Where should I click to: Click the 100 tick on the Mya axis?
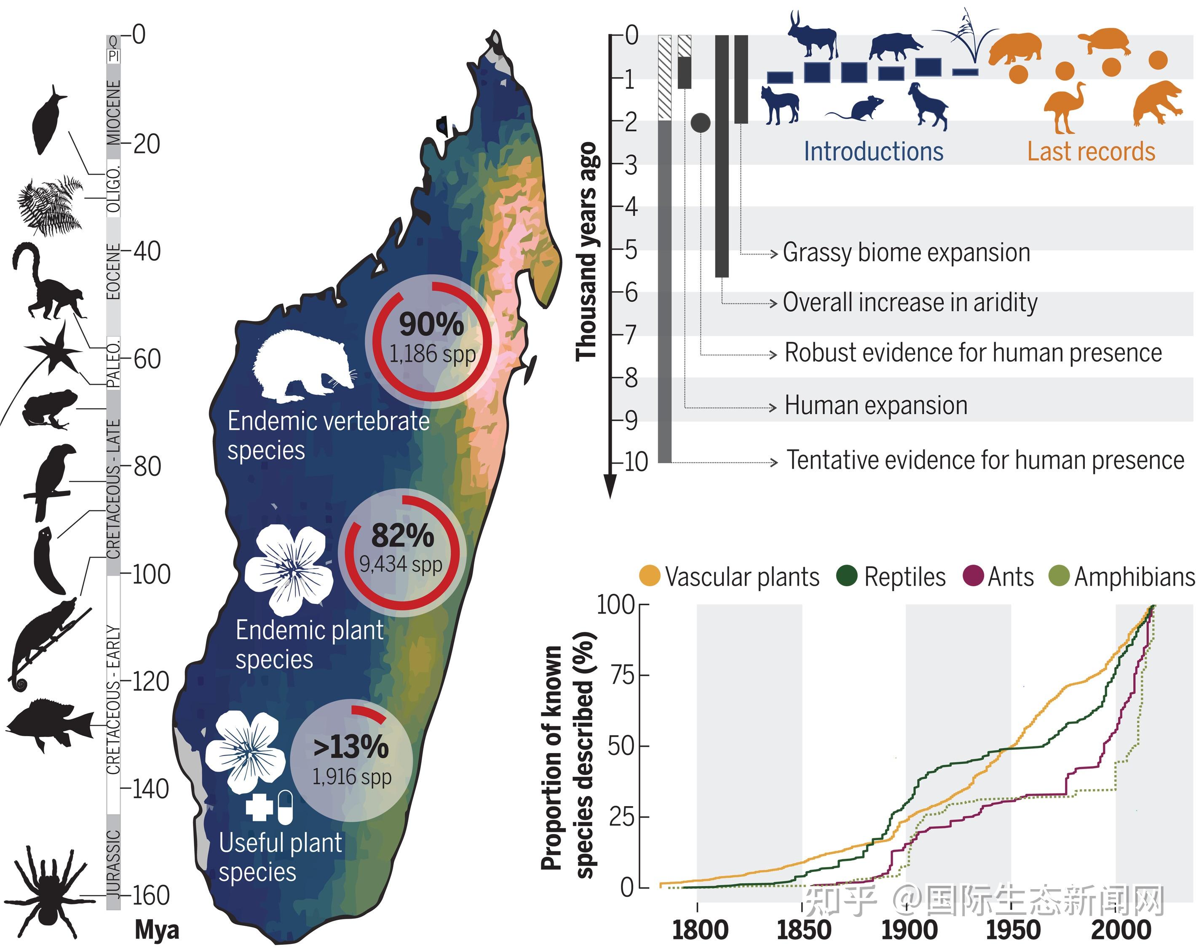[150, 574]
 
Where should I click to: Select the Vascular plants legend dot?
[650, 576]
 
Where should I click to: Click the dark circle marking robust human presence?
[701, 123]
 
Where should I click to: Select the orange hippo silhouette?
[1016, 48]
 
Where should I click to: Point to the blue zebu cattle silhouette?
[813, 36]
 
